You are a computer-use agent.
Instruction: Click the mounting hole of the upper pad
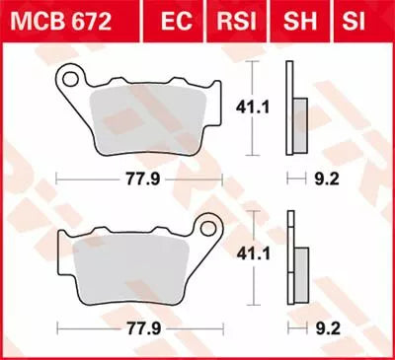(70, 75)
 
